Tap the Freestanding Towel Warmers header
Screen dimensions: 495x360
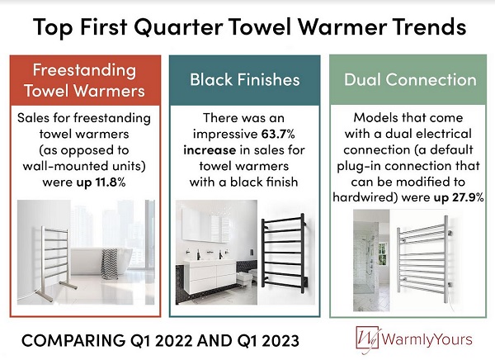point(84,80)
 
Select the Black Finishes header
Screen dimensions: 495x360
point(245,79)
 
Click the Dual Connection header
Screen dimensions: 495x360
point(410,79)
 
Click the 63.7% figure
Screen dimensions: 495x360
point(278,134)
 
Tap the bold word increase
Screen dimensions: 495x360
point(210,149)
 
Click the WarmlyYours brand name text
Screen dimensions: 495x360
point(427,339)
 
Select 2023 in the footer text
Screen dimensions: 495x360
point(280,341)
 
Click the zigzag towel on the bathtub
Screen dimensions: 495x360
point(109,263)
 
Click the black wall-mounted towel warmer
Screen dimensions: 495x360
point(284,251)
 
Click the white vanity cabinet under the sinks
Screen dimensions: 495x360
point(210,276)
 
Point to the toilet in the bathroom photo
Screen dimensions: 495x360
point(245,277)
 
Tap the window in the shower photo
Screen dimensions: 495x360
point(382,253)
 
